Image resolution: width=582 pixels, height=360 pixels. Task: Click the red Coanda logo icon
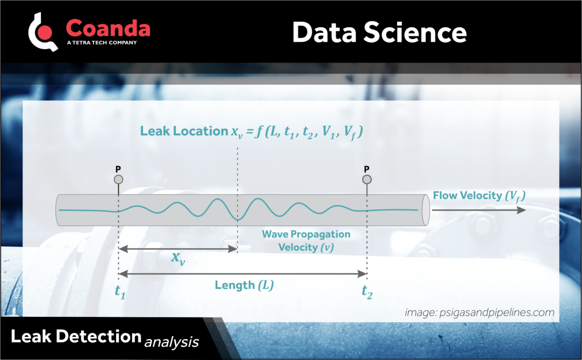(43, 32)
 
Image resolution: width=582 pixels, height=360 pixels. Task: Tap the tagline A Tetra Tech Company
(101, 43)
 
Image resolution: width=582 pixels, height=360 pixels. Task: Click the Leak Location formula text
(252, 131)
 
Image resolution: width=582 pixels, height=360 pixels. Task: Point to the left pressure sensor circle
(118, 180)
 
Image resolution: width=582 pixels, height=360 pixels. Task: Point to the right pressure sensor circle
(367, 180)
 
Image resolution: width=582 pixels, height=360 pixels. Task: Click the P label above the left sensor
(118, 169)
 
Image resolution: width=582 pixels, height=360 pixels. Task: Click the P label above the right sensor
(367, 169)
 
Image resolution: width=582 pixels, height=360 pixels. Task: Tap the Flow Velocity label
(479, 196)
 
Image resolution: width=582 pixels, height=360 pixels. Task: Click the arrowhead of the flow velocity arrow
(521, 210)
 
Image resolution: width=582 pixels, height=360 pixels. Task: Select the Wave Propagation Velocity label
(306, 240)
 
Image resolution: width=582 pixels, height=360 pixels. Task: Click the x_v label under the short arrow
(178, 258)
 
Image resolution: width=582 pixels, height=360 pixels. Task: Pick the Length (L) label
(244, 285)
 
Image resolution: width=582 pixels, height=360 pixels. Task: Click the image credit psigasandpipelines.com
(479, 312)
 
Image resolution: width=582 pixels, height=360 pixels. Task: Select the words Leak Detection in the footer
(76, 336)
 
